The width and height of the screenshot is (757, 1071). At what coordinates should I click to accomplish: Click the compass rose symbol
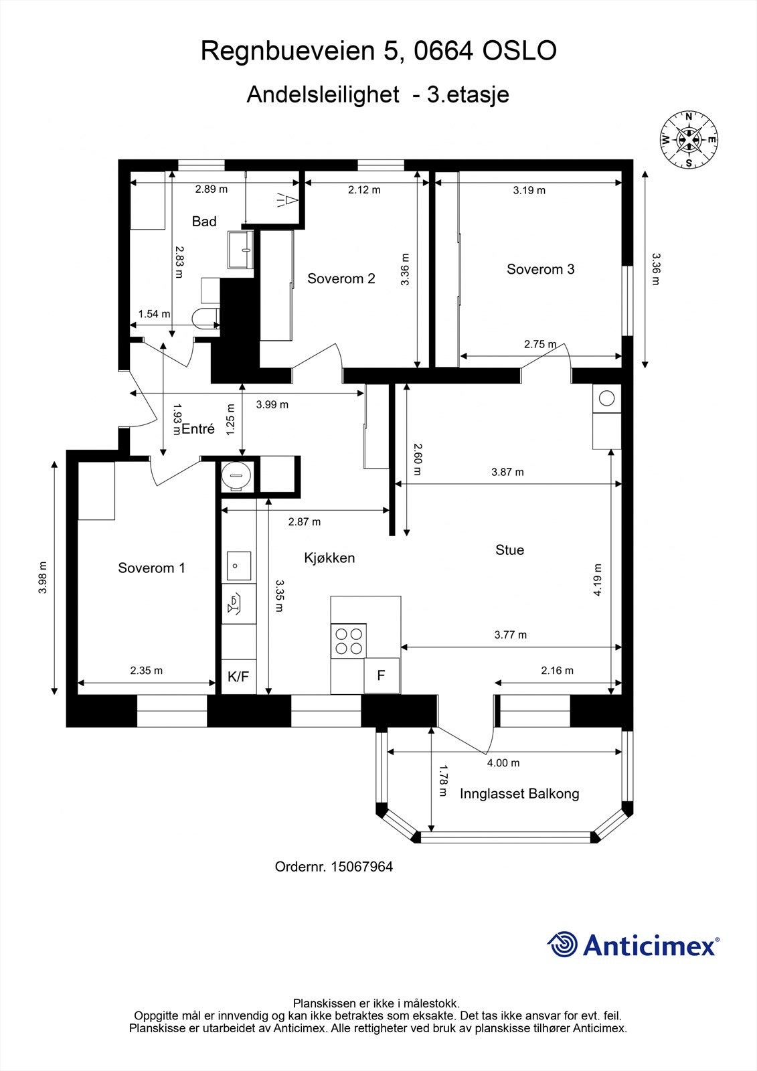(689, 139)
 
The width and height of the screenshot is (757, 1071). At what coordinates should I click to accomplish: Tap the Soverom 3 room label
(540, 269)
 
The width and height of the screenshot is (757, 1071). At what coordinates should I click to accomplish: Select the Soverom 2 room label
(341, 278)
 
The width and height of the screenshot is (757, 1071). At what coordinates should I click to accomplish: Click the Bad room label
(204, 221)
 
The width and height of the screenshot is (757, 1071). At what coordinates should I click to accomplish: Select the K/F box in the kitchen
(238, 677)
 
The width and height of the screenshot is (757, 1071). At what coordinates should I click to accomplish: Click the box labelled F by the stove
(381, 675)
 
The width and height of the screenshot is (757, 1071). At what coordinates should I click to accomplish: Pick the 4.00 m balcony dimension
(503, 762)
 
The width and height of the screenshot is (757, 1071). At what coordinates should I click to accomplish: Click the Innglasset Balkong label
(519, 794)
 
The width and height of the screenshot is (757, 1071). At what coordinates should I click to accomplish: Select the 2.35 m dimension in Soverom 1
(146, 670)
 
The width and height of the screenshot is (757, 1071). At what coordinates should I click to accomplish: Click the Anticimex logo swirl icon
(562, 944)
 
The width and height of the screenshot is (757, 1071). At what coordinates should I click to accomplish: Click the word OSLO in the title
(519, 51)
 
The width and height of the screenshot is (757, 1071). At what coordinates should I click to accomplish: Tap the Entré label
(198, 429)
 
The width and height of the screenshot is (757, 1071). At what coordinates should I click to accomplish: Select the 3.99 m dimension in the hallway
(272, 404)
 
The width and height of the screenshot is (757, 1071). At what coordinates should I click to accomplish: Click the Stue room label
(509, 550)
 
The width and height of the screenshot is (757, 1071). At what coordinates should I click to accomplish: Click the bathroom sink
(240, 249)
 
